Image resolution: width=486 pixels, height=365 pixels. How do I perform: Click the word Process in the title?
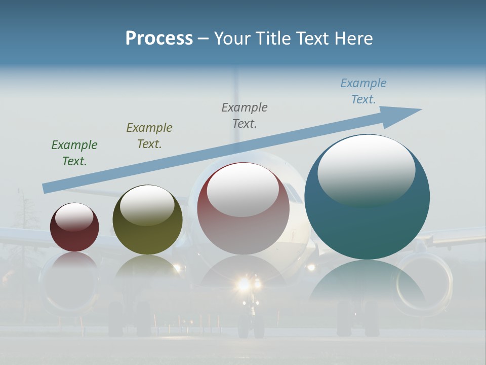159,39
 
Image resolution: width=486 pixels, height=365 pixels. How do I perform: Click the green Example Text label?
74,153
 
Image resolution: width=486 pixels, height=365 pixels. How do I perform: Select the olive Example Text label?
149,136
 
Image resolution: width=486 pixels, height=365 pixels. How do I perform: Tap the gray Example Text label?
245,116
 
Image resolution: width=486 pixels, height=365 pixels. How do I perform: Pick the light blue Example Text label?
363,91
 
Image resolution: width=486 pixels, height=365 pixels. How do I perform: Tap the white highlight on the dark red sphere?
74,217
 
